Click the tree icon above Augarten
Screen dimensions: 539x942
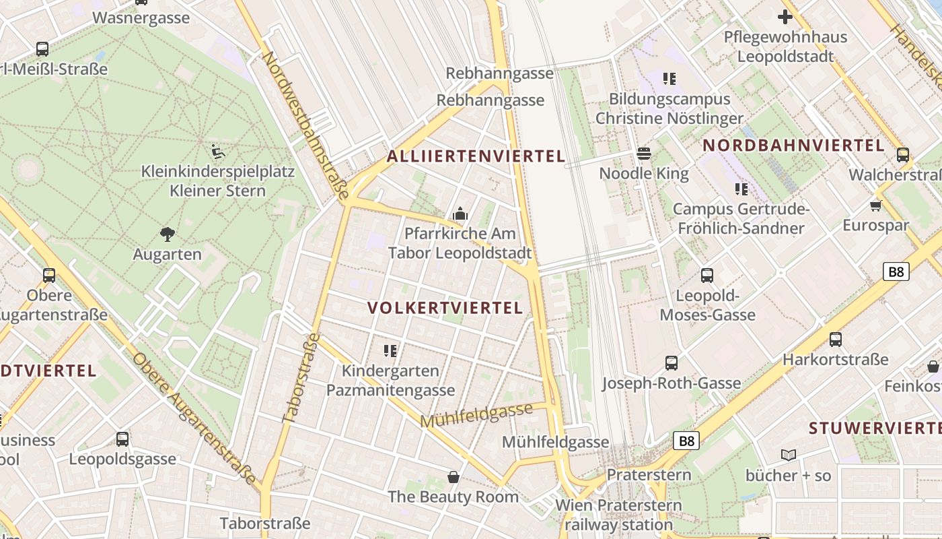pos(168,234)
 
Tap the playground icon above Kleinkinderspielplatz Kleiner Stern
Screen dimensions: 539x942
pos(217,151)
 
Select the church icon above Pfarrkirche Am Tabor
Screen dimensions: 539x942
pos(461,214)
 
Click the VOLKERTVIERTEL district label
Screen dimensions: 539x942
pos(445,308)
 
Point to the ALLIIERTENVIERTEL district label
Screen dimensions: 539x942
pos(476,156)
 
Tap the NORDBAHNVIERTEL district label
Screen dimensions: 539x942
pos(793,145)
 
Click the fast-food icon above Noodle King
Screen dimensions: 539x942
pos(644,154)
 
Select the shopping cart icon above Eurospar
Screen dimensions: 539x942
pos(875,205)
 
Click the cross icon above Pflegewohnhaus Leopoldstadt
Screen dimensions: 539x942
pos(785,17)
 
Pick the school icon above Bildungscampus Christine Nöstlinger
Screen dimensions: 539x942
pos(669,79)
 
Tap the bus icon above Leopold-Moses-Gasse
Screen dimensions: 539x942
pos(706,275)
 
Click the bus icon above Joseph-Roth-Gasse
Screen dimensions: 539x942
pos(671,363)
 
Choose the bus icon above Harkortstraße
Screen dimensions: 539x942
pos(835,339)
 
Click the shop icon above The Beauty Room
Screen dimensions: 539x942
pos(454,477)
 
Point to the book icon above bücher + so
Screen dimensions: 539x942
pos(788,455)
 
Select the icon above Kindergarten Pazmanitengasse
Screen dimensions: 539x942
pos(390,350)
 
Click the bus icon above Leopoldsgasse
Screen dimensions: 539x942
pos(122,439)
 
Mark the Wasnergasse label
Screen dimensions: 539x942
pos(141,18)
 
